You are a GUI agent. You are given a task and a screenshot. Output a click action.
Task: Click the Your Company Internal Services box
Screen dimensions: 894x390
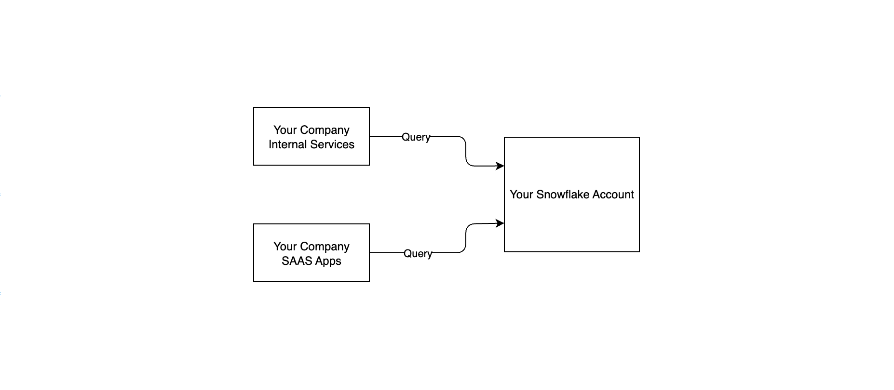tap(312, 136)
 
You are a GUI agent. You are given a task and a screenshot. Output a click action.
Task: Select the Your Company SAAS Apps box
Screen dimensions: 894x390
tap(312, 253)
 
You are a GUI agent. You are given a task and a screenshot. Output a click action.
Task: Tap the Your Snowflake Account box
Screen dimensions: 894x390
tap(572, 195)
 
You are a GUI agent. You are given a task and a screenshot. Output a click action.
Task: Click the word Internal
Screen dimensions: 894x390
tap(288, 144)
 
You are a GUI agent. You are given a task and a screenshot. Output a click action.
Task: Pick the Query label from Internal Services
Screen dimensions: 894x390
tap(416, 137)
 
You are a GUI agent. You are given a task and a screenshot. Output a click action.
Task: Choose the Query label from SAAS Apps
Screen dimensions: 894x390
tap(418, 254)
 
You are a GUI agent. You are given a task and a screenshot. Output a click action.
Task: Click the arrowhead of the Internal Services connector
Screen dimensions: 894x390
tap(501, 166)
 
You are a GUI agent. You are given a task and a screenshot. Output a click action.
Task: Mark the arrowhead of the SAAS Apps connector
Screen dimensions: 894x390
tap(501, 223)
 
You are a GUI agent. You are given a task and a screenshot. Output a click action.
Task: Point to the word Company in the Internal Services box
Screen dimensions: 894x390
tap(325, 130)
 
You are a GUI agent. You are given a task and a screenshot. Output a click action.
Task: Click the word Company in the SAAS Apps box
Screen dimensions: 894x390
tap(325, 247)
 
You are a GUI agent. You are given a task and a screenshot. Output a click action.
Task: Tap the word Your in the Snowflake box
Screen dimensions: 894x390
tap(521, 195)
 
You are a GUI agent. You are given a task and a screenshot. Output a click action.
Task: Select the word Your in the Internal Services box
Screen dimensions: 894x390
tap(285, 130)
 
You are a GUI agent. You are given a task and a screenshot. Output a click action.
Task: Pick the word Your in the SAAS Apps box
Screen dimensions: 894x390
tap(285, 247)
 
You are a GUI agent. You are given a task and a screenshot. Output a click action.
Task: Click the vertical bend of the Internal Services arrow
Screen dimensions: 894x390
tap(466, 151)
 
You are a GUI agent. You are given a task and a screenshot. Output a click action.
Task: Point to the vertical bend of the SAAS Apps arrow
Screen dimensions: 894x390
tap(466, 238)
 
